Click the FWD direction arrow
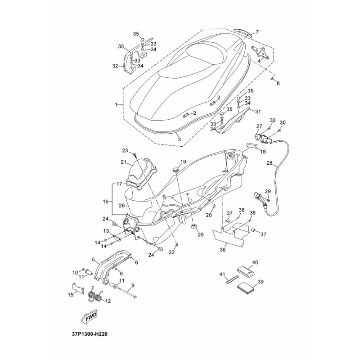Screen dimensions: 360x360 [x=89, y=318]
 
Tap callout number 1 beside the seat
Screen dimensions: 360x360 [x=116, y=105]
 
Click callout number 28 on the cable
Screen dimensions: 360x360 [x=269, y=163]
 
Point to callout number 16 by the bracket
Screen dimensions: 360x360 [x=105, y=201]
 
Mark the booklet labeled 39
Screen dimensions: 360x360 [x=245, y=290]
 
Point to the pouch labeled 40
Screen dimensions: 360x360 [x=245, y=272]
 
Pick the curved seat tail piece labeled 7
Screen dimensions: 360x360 [x=243, y=32]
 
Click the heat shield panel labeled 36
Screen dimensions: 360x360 [x=231, y=235]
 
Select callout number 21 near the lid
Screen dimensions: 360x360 [x=124, y=162]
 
